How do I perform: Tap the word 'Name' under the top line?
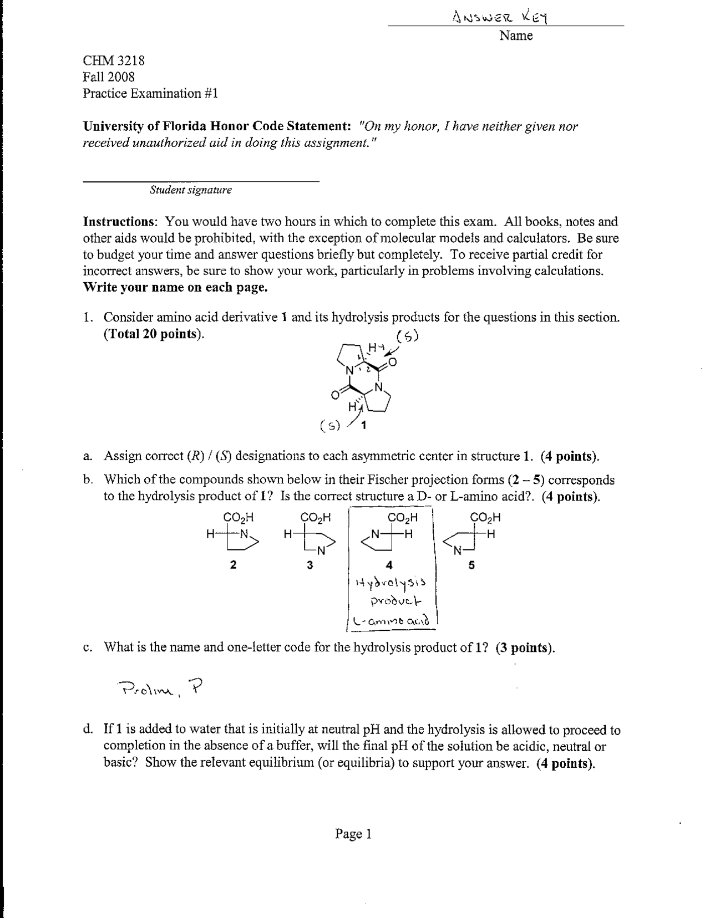click(x=515, y=36)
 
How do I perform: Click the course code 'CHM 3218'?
click(x=114, y=60)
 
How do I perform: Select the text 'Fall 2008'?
click(x=109, y=76)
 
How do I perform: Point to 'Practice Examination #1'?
click(x=150, y=93)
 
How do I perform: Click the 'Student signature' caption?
click(x=191, y=190)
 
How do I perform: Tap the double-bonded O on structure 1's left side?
click(x=334, y=395)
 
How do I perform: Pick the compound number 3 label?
click(x=310, y=565)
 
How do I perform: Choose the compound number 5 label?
click(x=471, y=565)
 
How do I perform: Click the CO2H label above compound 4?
click(x=402, y=518)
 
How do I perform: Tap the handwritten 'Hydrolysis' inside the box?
click(x=392, y=583)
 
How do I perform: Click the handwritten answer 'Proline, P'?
click(x=161, y=688)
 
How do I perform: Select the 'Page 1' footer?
click(x=353, y=834)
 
